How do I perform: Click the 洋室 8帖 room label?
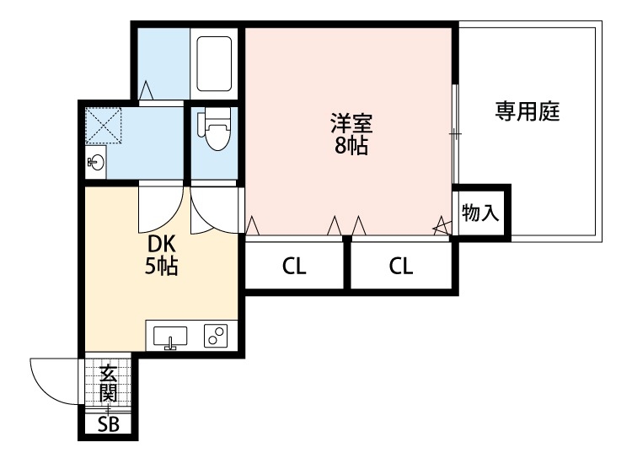coord(351,134)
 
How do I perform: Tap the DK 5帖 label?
coord(161,255)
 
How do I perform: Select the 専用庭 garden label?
coord(528,111)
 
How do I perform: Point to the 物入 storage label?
coord(480,213)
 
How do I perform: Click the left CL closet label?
coord(294,266)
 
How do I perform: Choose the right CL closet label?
coord(401,266)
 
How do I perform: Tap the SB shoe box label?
coord(109,424)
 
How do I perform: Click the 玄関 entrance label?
coord(109,383)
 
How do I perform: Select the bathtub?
coord(214,64)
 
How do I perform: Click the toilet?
coord(215,129)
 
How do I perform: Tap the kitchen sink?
coord(170,337)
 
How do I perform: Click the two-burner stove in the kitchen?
coord(216,336)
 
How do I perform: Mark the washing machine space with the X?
coord(104,126)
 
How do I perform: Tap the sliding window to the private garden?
coord(455,134)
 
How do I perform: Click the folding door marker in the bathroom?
coord(145,90)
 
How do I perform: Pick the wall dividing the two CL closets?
coord(346,262)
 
